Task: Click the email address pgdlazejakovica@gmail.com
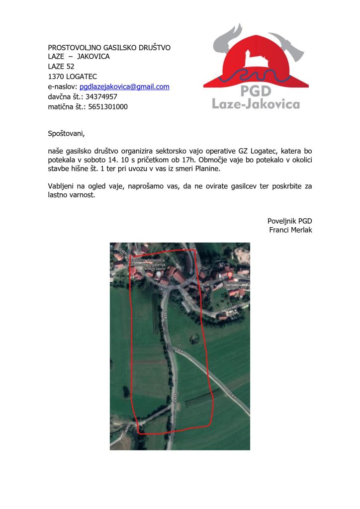124,86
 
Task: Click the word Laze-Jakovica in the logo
256,104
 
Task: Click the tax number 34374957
101,96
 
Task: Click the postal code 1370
55,77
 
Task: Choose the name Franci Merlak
290,230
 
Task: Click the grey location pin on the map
158,275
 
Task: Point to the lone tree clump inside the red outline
195,339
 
